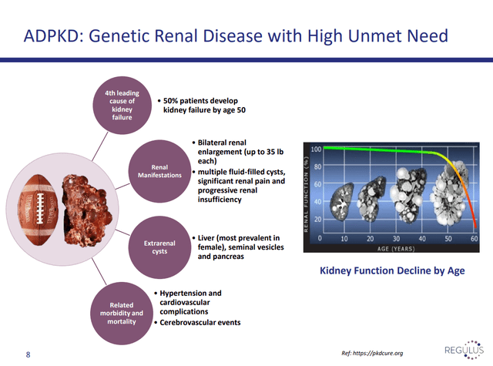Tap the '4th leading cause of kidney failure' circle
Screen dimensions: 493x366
(x=122, y=106)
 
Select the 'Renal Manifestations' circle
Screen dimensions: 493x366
(x=159, y=171)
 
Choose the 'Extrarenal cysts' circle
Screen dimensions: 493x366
(x=159, y=247)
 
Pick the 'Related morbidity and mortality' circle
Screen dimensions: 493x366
(x=122, y=313)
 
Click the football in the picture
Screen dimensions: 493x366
(x=39, y=210)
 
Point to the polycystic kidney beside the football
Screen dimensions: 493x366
(x=86, y=210)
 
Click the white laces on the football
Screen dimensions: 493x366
(x=40, y=208)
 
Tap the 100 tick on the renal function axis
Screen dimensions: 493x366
(x=317, y=149)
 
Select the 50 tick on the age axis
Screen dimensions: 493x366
(x=448, y=239)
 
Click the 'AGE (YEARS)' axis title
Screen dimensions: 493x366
(x=396, y=249)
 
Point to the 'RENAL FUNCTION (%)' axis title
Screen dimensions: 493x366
(x=306, y=193)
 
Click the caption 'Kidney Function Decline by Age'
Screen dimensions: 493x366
(x=392, y=270)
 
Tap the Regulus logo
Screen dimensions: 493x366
(x=464, y=350)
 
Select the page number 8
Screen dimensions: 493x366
(x=28, y=354)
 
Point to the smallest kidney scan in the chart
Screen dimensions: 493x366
(x=341, y=202)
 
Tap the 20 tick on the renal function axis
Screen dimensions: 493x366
(x=317, y=219)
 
